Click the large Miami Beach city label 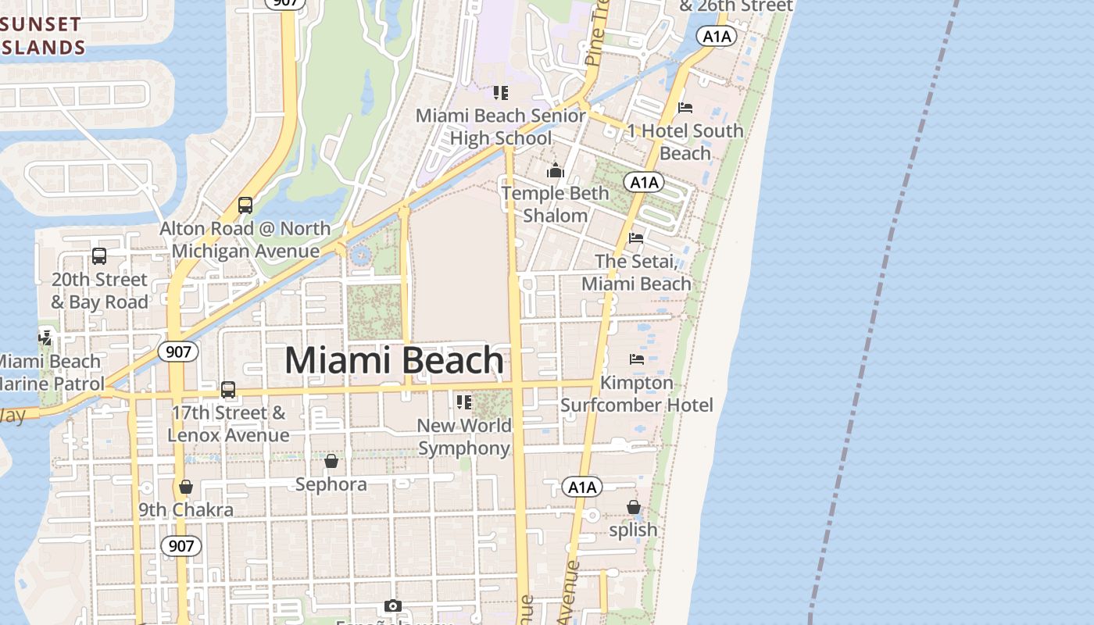(394, 360)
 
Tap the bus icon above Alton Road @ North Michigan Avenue (245, 205)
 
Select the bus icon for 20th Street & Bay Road (99, 256)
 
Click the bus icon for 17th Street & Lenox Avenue (228, 389)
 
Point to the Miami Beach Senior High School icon (501, 94)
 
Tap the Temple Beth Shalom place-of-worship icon (556, 170)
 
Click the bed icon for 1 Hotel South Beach (685, 108)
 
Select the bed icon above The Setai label (636, 238)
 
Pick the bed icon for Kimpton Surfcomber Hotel (637, 359)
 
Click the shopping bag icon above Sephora (331, 461)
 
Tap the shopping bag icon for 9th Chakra (186, 487)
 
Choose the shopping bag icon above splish (634, 507)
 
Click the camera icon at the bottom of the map (392, 606)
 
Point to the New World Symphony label (464, 437)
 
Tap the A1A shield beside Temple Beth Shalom (644, 183)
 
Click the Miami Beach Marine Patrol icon (45, 338)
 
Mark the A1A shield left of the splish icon (582, 488)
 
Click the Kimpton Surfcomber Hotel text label (636, 394)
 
